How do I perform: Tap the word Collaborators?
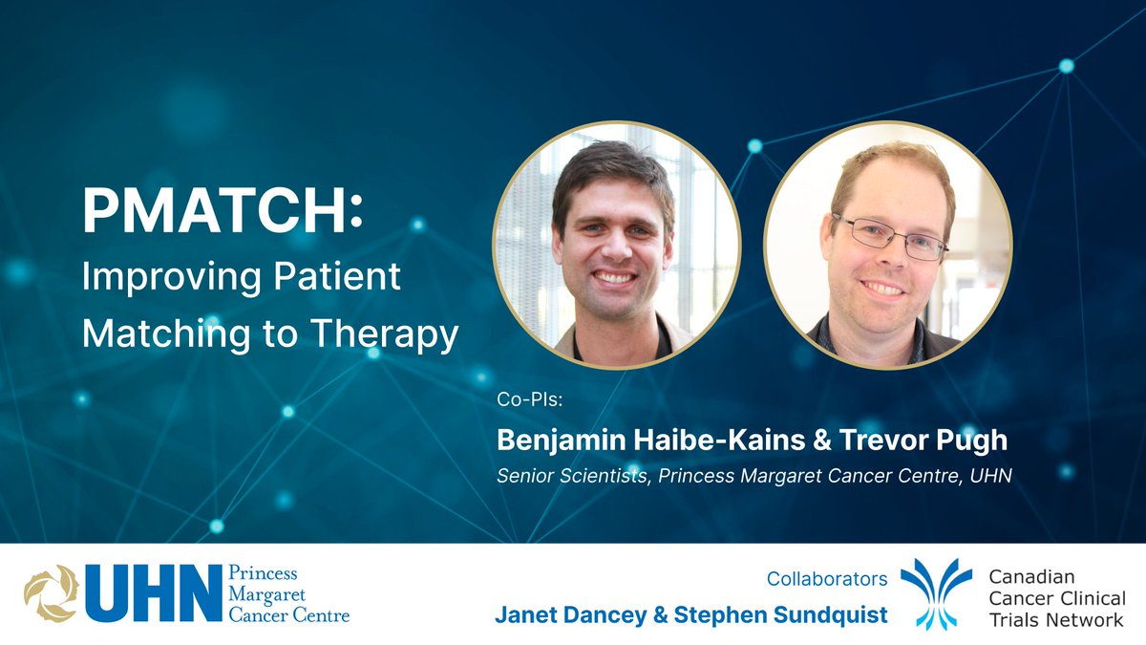tap(826, 579)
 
